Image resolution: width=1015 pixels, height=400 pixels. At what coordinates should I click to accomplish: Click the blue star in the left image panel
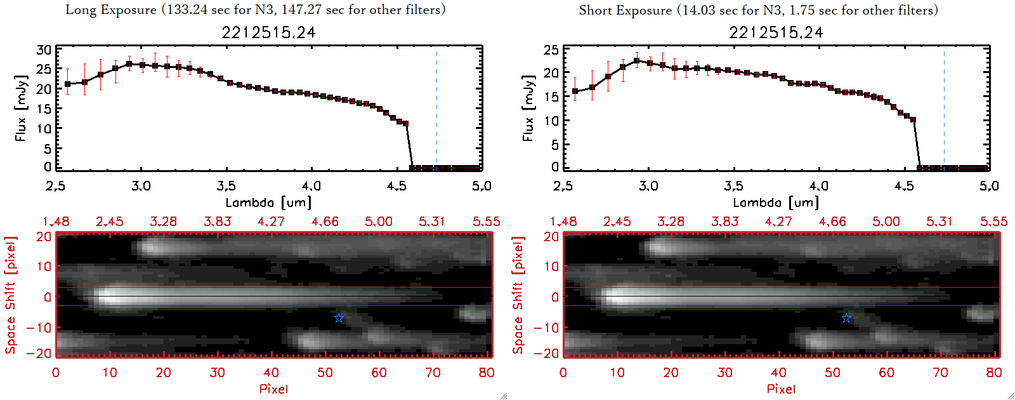pyautogui.click(x=339, y=317)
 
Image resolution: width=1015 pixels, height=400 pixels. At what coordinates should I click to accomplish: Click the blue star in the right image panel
pyautogui.click(x=846, y=317)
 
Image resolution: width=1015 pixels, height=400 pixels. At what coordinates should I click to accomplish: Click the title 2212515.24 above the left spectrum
pyautogui.click(x=268, y=32)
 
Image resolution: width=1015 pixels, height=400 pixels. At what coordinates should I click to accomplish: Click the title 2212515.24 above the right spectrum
pyautogui.click(x=776, y=32)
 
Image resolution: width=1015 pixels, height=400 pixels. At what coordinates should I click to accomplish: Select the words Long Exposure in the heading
pyautogui.click(x=111, y=10)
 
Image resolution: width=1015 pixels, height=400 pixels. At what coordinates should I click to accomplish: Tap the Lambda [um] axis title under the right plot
pyautogui.click(x=776, y=203)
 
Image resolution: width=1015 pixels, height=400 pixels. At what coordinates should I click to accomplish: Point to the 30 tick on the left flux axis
pyautogui.click(x=44, y=50)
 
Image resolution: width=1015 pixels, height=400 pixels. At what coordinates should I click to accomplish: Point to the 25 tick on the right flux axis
pyautogui.click(x=551, y=50)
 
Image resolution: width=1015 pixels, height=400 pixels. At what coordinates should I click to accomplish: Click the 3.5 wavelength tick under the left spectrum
pyautogui.click(x=226, y=186)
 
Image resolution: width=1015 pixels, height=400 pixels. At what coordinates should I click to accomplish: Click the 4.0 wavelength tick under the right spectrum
pyautogui.click(x=819, y=186)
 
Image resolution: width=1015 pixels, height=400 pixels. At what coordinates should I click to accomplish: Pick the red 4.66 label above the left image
pyautogui.click(x=325, y=222)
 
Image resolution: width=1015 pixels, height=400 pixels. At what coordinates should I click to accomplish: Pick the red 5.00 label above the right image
pyautogui.click(x=886, y=222)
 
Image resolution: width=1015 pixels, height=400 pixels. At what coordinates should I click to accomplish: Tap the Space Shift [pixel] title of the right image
pyautogui.click(x=518, y=295)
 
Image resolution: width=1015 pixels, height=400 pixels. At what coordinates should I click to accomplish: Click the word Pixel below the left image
pyautogui.click(x=273, y=389)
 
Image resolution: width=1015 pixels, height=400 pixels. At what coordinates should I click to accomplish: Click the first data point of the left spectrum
pyautogui.click(x=67, y=84)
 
